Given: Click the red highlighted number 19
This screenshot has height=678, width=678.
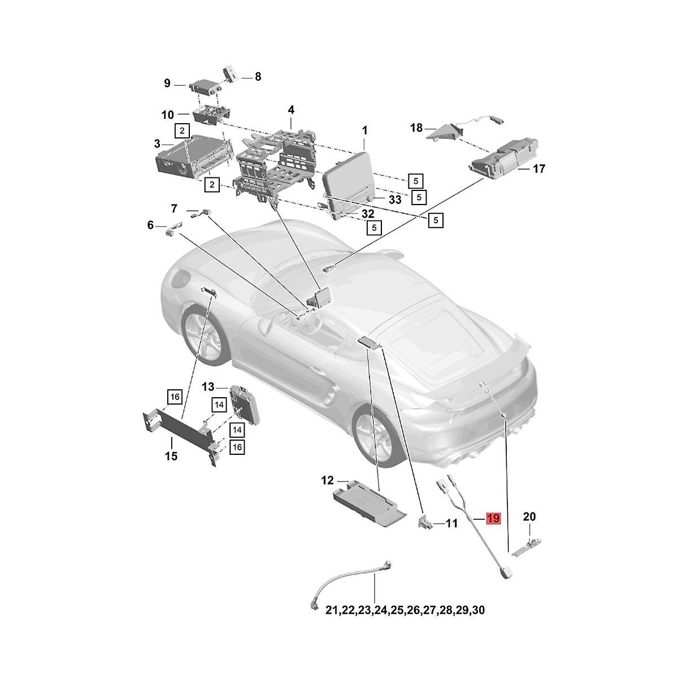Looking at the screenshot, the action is pyautogui.click(x=493, y=519).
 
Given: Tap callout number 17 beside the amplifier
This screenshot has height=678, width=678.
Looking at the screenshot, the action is pyautogui.click(x=538, y=169).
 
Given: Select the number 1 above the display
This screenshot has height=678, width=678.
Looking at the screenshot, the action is pyautogui.click(x=365, y=131).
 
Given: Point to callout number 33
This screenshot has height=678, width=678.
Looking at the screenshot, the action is pyautogui.click(x=395, y=200).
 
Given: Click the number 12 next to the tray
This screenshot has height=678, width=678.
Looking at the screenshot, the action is pyautogui.click(x=327, y=480).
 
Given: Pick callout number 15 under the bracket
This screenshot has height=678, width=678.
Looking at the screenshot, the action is pyautogui.click(x=171, y=457).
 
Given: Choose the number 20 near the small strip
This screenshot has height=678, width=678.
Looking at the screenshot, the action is pyautogui.click(x=529, y=516).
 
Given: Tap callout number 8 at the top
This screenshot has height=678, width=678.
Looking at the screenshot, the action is pyautogui.click(x=258, y=77).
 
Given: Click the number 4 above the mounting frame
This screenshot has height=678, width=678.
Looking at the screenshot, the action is pyautogui.click(x=291, y=110).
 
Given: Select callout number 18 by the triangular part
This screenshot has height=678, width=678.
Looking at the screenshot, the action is pyautogui.click(x=416, y=128).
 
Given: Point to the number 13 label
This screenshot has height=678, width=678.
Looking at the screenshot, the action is pyautogui.click(x=208, y=387).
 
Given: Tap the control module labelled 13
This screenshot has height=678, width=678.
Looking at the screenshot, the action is pyautogui.click(x=245, y=405).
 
